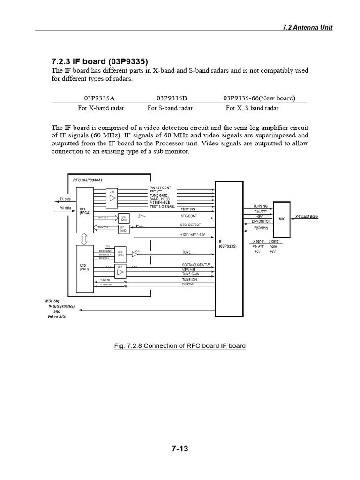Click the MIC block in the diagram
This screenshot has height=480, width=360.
tap(282, 218)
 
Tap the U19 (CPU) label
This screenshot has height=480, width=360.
tap(84, 268)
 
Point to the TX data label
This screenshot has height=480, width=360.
tap(65, 199)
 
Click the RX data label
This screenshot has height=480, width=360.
tap(65, 208)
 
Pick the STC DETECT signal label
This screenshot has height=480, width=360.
tap(190, 225)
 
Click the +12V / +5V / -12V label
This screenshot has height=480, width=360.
tap(192, 234)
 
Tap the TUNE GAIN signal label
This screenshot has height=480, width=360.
tap(191, 274)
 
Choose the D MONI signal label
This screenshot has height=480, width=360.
tap(188, 284)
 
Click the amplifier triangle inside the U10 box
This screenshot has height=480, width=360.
tap(112, 198)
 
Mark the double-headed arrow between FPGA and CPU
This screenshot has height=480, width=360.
tap(84, 239)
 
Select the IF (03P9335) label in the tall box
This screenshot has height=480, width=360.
tap(228, 244)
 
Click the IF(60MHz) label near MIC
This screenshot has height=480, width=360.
tap(261, 228)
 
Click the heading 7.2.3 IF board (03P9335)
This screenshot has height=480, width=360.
tap(99, 61)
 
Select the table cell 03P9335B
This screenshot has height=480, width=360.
tap(172, 98)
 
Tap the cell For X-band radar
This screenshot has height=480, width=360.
tap(99, 108)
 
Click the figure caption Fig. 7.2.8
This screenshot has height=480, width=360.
tap(180, 345)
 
